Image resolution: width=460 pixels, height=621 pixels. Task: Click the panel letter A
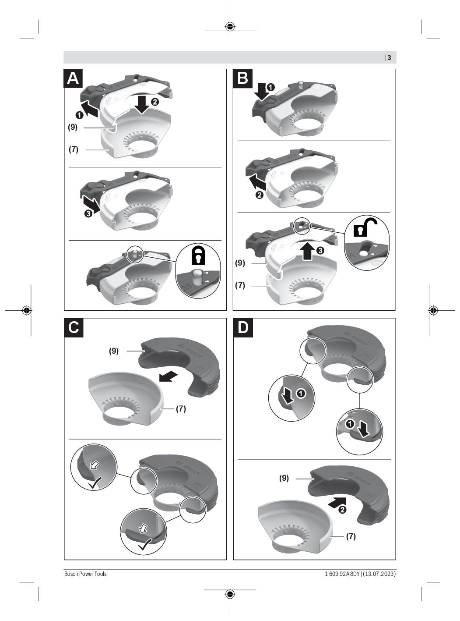tap(73, 78)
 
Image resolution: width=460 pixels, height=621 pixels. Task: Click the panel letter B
tap(242, 78)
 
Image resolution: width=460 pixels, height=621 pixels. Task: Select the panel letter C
tap(74, 327)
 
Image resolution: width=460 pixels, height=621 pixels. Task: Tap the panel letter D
tap(243, 327)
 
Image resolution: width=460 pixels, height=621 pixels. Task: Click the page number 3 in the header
tap(389, 58)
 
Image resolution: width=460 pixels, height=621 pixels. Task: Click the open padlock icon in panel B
tap(365, 227)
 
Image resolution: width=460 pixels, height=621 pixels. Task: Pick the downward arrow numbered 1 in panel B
tap(261, 92)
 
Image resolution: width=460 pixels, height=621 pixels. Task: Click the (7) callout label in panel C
tap(181, 409)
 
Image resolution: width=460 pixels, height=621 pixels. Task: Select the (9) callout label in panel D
tap(284, 478)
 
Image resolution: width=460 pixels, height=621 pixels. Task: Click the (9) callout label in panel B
tap(240, 263)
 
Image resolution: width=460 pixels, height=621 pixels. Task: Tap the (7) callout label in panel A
tap(74, 149)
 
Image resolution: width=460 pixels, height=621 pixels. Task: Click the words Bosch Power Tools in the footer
tap(85, 574)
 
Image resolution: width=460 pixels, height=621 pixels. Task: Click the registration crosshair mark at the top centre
tap(230, 27)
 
